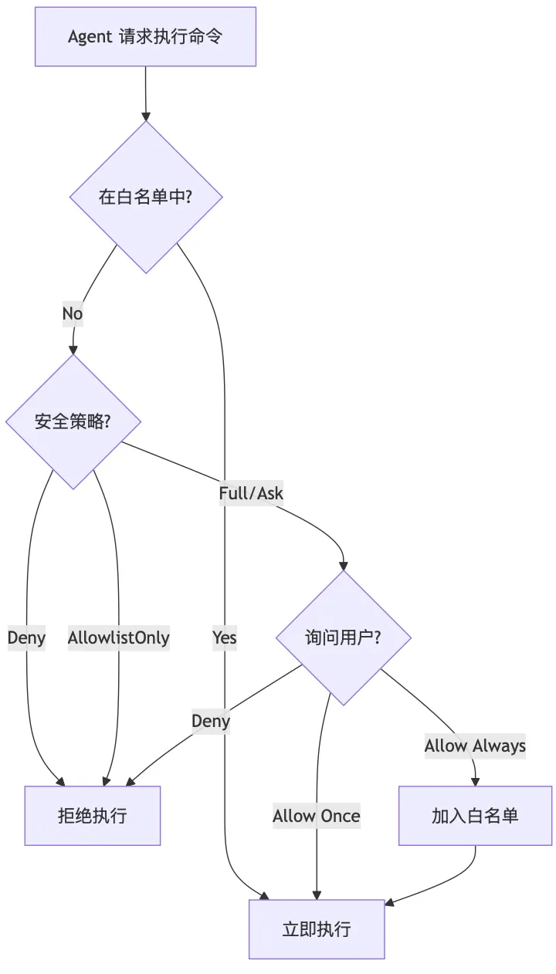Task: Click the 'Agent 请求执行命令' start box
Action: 145,36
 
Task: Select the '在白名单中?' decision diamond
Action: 146,197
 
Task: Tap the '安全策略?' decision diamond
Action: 73,421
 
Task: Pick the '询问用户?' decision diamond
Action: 344,637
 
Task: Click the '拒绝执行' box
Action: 93,816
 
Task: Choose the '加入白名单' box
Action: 475,816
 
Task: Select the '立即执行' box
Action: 317,928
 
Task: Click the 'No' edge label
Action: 73,314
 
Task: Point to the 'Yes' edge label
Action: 225,637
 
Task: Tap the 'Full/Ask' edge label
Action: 251,493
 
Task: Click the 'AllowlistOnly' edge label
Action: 118,637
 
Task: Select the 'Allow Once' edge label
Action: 317,816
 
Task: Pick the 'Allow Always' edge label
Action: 475,746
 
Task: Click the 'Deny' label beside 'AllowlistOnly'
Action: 26,637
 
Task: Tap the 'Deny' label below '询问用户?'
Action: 211,721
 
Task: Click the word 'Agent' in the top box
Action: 90,36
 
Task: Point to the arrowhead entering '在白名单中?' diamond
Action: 146,116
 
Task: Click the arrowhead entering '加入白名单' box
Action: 475,781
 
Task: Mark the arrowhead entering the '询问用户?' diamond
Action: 344,566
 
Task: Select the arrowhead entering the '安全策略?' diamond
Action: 73,350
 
